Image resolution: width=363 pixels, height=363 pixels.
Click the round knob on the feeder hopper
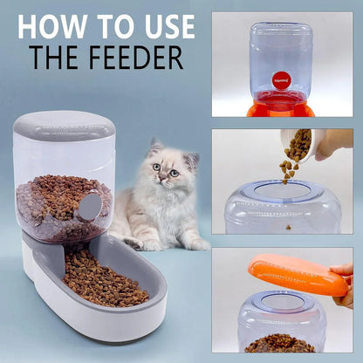(x=89, y=206)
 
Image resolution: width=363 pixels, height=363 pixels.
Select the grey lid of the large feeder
(x=65, y=127)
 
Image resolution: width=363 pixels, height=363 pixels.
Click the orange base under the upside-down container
(x=281, y=109)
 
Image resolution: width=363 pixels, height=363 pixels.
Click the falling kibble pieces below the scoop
(x=290, y=167)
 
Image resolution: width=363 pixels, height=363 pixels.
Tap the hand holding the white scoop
(x=334, y=144)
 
